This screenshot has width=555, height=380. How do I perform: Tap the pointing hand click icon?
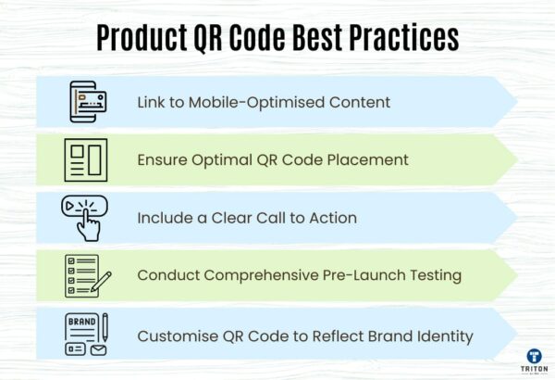(x=85, y=217)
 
